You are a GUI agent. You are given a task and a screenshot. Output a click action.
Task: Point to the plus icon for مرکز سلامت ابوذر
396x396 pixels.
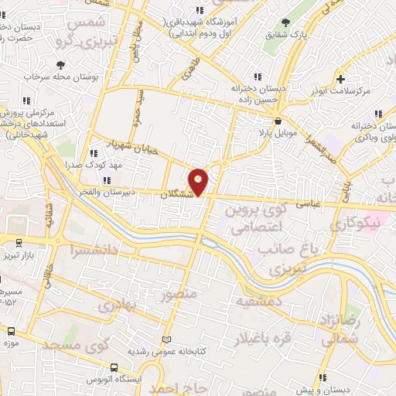point(340,78)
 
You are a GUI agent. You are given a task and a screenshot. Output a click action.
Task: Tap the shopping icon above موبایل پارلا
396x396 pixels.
point(278,120)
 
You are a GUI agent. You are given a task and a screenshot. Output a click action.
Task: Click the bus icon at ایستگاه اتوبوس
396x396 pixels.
point(114,369)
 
